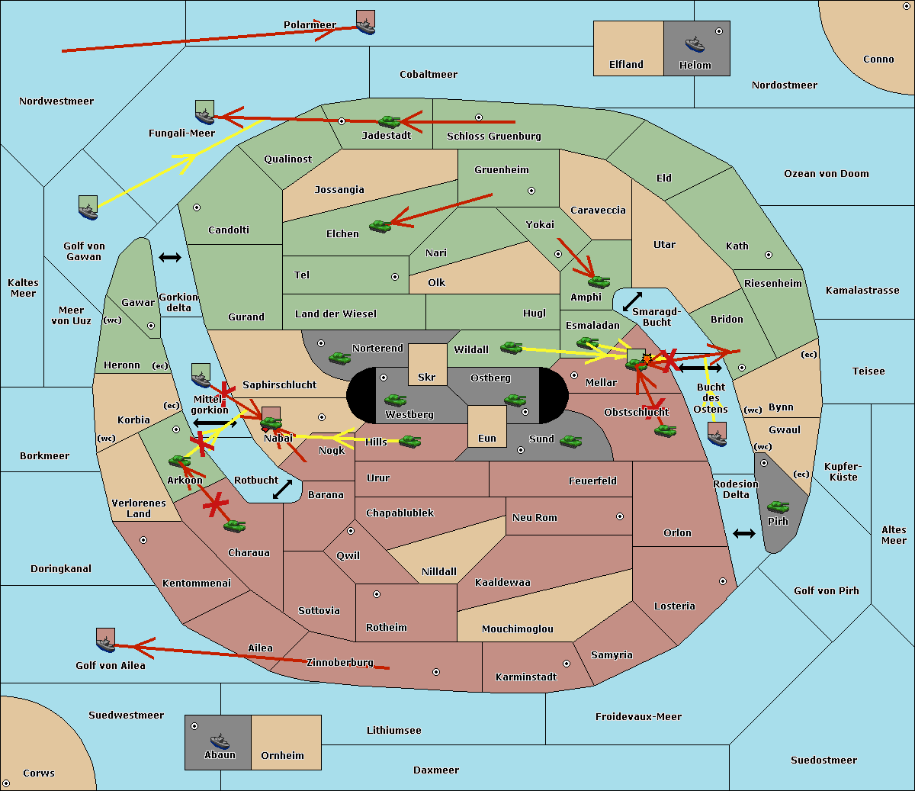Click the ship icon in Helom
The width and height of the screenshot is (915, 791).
(695, 45)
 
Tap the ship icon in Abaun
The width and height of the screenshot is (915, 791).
(220, 741)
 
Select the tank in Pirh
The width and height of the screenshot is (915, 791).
(779, 506)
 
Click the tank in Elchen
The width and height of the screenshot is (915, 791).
(380, 227)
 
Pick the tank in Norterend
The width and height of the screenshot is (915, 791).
(339, 358)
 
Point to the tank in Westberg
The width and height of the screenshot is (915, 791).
(395, 400)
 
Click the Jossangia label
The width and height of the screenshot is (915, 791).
(339, 190)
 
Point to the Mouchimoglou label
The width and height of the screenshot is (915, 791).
(518, 629)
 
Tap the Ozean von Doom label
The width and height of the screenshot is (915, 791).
(827, 174)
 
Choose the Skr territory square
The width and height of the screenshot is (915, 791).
(427, 365)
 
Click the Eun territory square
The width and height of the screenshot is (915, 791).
(487, 426)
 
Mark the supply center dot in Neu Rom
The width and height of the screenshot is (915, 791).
(620, 516)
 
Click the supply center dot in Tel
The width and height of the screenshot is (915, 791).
(395, 277)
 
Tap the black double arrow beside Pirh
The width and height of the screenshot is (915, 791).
(744, 534)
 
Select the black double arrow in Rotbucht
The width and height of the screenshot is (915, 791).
(282, 490)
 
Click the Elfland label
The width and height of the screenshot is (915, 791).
(626, 65)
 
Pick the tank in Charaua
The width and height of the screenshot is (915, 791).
(234, 526)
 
